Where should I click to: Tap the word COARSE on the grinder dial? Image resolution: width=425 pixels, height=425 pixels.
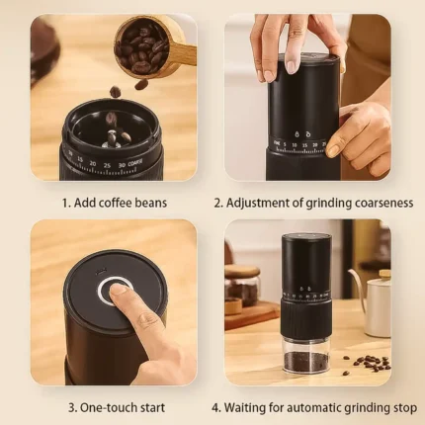tap(135, 163)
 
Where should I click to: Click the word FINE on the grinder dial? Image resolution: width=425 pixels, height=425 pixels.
tap(277, 143)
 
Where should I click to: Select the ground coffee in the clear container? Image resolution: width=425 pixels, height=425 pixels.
tap(306, 362)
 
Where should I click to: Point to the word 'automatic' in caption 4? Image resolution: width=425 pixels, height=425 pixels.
tap(314, 407)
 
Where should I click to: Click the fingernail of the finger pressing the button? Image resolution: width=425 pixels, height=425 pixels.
tap(119, 289)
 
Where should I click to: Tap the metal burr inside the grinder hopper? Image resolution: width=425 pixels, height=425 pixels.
tap(112, 140)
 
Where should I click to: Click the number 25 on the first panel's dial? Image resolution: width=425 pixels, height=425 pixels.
tap(107, 165)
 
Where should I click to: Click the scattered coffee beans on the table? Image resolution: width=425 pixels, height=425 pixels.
tap(368, 364)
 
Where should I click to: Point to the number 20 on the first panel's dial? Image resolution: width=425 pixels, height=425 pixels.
tap(93, 163)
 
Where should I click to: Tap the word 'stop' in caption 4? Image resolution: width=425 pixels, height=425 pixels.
tap(405, 407)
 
